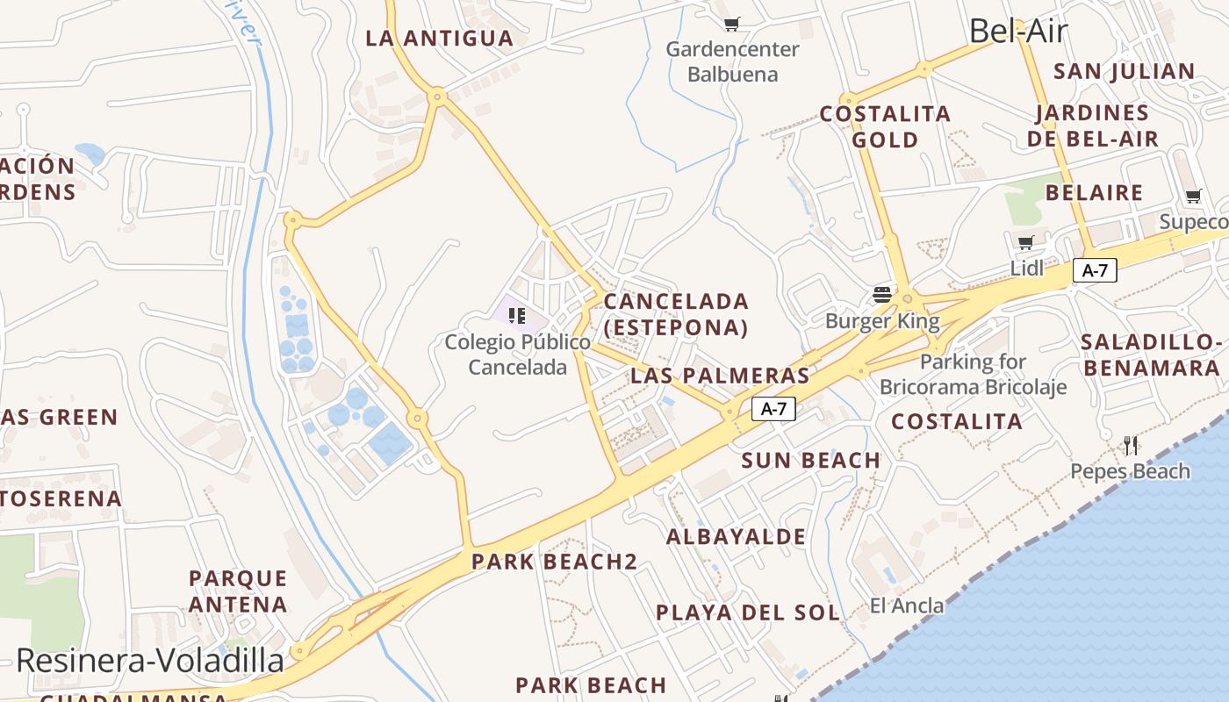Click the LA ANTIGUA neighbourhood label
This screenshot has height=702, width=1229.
pyautogui.click(x=439, y=39)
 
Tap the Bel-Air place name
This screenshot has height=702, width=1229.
pyautogui.click(x=1017, y=32)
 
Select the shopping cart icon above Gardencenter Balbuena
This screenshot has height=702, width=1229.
pyautogui.click(x=731, y=24)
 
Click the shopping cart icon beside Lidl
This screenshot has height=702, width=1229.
pyautogui.click(x=1025, y=242)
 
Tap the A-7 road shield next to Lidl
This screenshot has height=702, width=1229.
pyautogui.click(x=1094, y=270)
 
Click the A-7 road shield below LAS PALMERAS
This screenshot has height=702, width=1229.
pyautogui.click(x=773, y=408)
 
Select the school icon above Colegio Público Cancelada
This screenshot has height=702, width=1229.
pyautogui.click(x=517, y=315)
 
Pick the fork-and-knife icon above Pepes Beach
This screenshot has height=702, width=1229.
pyautogui.click(x=1131, y=446)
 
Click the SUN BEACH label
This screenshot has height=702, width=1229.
pyautogui.click(x=810, y=461)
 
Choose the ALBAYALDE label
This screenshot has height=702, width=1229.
pyautogui.click(x=736, y=537)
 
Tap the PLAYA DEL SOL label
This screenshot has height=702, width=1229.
pyautogui.click(x=748, y=612)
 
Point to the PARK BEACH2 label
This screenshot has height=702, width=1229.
pyautogui.click(x=554, y=562)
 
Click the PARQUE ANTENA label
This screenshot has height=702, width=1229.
pyautogui.click(x=238, y=591)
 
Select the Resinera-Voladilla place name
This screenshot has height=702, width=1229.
pyautogui.click(x=150, y=661)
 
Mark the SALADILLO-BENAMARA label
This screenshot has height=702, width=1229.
pyautogui.click(x=1152, y=355)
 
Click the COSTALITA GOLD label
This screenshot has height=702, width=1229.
pyautogui.click(x=885, y=126)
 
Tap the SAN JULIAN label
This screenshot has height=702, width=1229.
pyautogui.click(x=1124, y=71)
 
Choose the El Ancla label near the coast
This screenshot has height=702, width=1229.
pyautogui.click(x=907, y=605)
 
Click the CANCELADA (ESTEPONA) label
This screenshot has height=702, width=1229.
pyautogui.click(x=676, y=314)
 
